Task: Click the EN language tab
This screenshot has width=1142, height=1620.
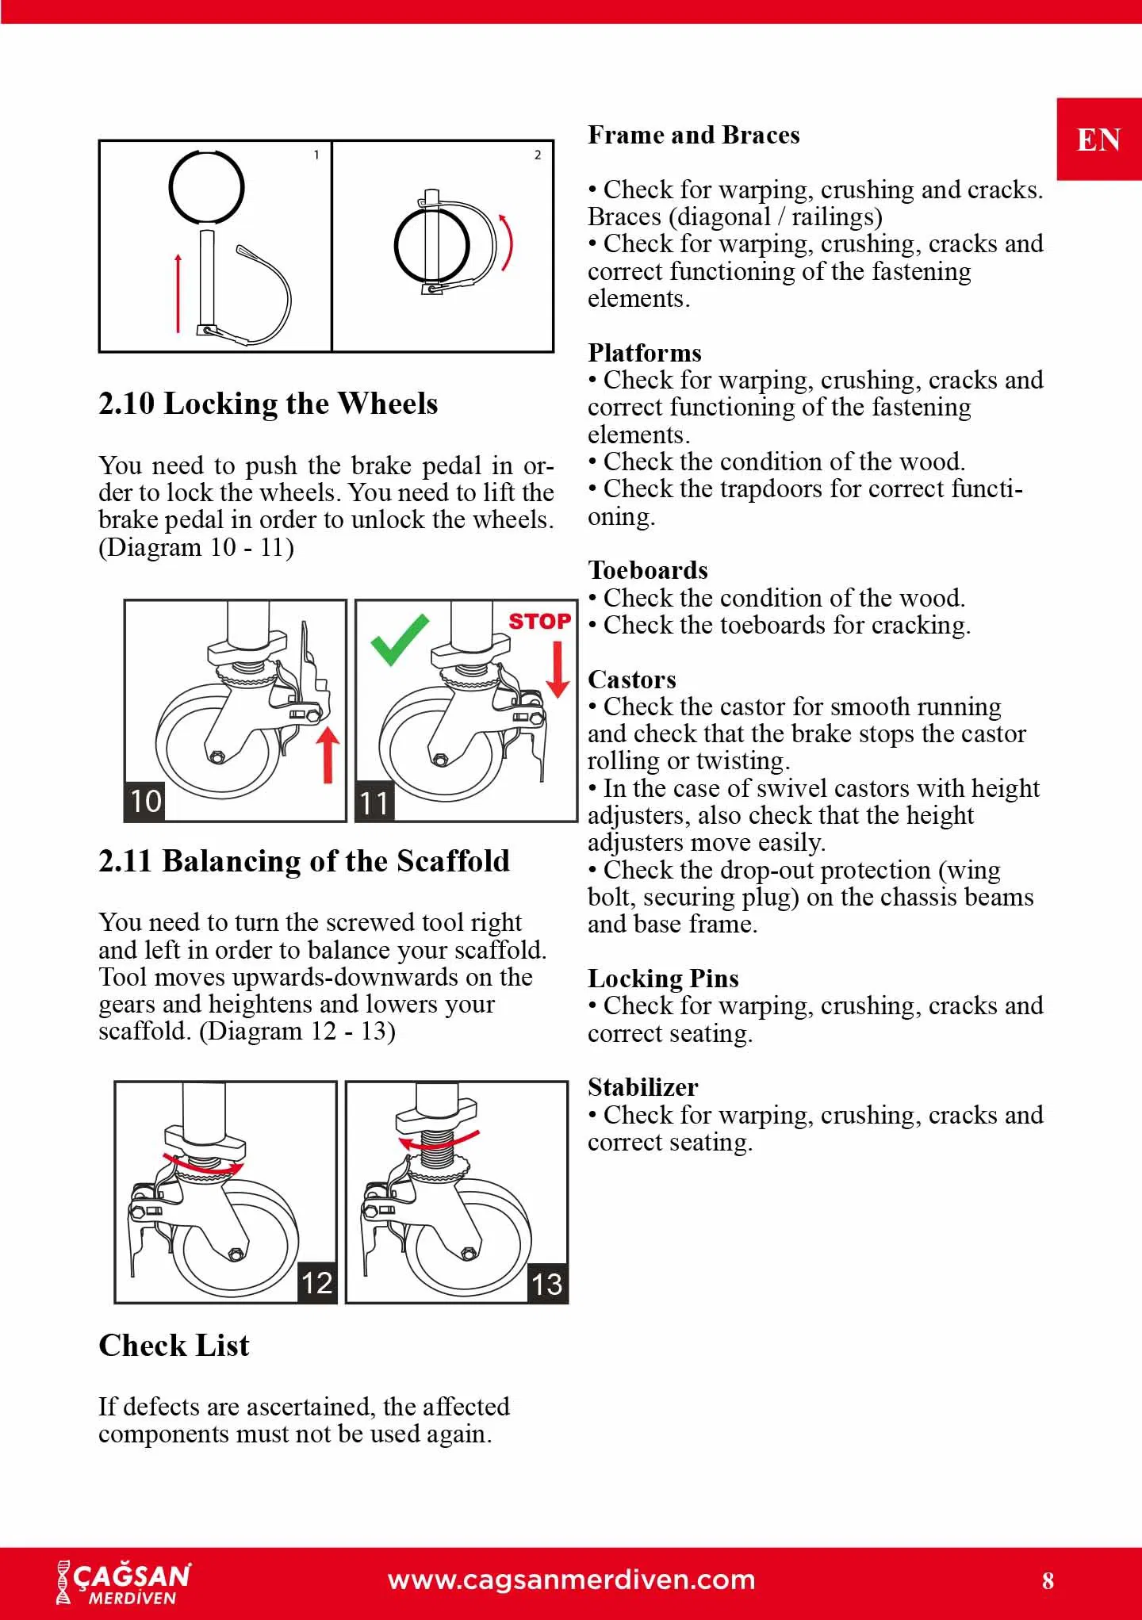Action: [x=1098, y=140]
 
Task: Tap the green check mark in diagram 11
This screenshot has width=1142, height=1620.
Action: [x=399, y=639]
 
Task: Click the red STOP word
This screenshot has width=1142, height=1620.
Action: [x=539, y=621]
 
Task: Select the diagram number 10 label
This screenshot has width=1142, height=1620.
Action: [x=145, y=801]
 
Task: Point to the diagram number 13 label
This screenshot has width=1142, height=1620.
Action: [x=547, y=1284]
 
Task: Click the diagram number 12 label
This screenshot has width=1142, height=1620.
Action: [x=317, y=1282]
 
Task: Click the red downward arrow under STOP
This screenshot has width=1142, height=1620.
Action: [x=558, y=668]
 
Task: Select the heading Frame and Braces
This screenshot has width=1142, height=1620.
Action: [x=693, y=135]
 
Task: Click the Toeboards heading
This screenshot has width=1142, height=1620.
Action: [x=647, y=570]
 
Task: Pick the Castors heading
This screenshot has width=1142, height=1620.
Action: [x=631, y=680]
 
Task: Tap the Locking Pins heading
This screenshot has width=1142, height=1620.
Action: [x=663, y=979]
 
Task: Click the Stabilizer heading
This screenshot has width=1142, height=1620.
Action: [x=642, y=1087]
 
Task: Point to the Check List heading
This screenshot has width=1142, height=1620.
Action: [x=174, y=1346]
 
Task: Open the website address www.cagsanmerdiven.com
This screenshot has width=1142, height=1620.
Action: [x=571, y=1580]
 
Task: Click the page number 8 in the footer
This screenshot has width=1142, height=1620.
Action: [x=1048, y=1580]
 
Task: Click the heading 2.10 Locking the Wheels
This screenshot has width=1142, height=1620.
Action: [x=268, y=404]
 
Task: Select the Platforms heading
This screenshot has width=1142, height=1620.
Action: [x=644, y=353]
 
